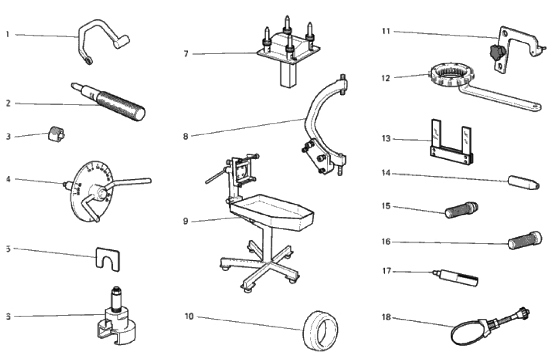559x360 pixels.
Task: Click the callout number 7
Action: (x=186, y=54)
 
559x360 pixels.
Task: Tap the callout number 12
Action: (x=386, y=78)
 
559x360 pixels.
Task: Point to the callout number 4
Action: (x=8, y=178)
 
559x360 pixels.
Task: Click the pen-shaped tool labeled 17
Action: (x=457, y=278)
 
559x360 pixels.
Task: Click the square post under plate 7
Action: (x=286, y=77)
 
